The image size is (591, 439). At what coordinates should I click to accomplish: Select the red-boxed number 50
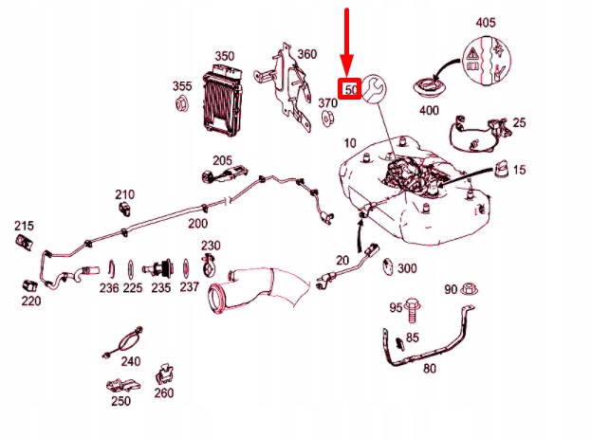click(350, 88)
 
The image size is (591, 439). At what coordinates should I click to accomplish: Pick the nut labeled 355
click(182, 105)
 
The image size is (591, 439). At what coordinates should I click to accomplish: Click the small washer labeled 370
click(326, 119)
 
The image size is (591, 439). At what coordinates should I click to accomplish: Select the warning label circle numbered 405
click(485, 59)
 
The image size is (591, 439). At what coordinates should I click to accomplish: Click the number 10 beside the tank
click(350, 143)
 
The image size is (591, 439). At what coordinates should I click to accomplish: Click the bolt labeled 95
click(415, 308)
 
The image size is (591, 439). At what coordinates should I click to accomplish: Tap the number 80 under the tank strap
click(429, 369)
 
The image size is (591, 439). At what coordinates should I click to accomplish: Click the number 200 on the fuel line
click(197, 224)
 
